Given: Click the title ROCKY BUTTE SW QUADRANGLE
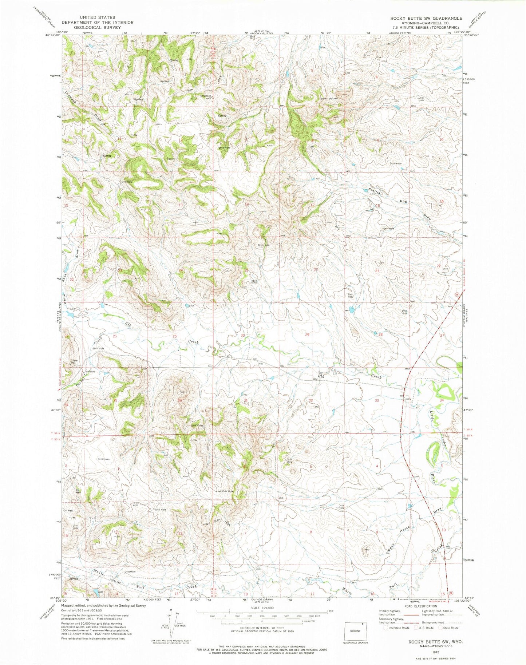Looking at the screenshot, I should (426, 18).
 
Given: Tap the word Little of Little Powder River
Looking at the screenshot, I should (432, 413).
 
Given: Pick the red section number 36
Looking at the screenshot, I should (179, 400).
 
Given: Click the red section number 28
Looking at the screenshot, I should (380, 334).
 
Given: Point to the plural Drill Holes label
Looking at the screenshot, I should (197, 425).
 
